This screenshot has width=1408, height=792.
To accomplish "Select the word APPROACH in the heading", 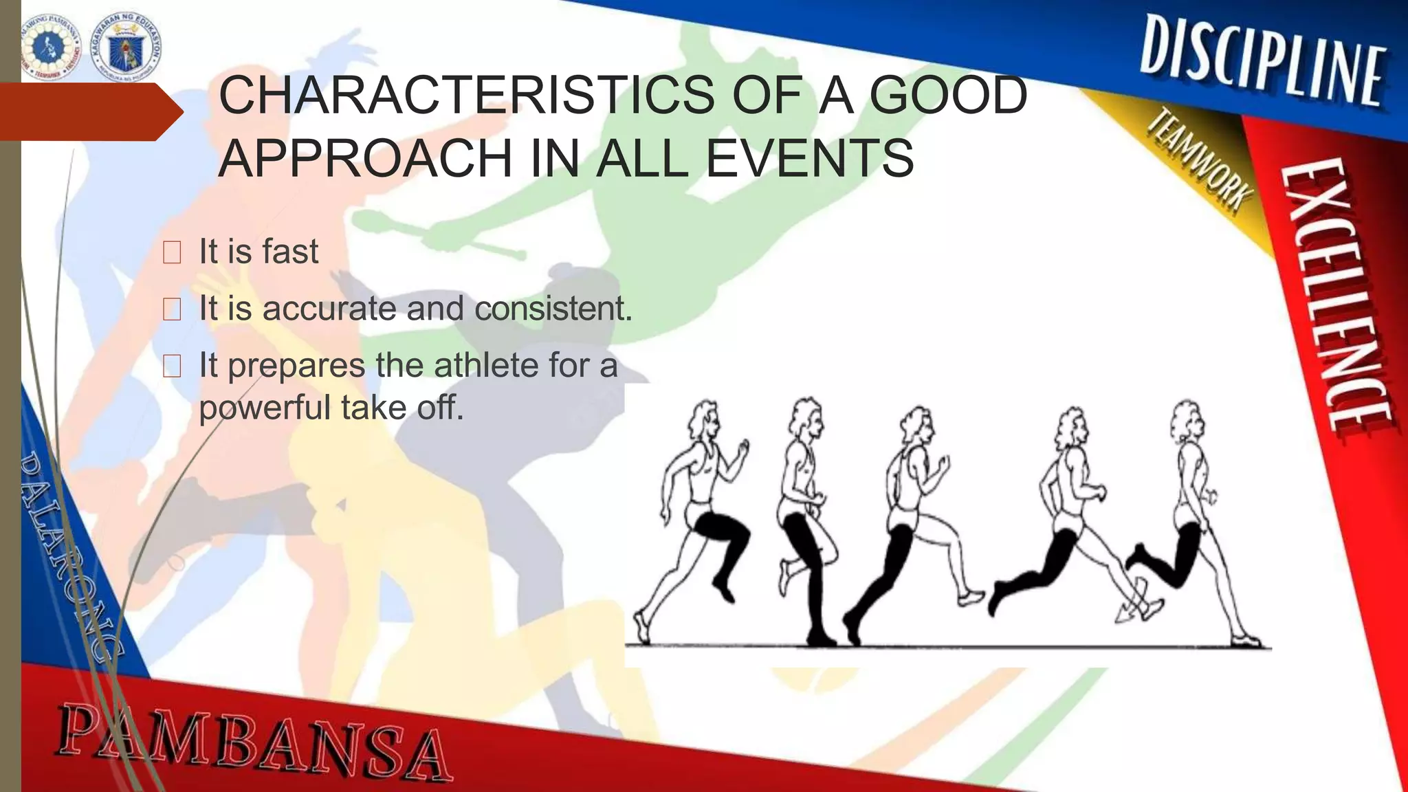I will click(365, 158).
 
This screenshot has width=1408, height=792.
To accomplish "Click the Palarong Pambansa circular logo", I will click(51, 47).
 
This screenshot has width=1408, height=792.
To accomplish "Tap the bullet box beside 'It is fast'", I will click(172, 252).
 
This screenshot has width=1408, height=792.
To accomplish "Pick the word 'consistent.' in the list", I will click(553, 308).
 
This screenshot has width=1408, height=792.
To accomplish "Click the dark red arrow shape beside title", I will click(89, 112).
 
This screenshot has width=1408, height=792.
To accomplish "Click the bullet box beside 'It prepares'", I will click(172, 366).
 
